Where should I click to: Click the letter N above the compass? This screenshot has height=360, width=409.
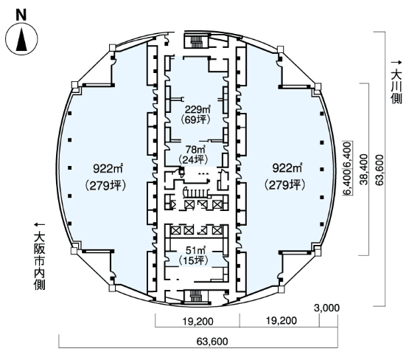(21, 15)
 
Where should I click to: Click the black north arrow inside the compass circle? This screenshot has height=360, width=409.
(21, 40)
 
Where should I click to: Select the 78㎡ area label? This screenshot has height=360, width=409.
(195, 149)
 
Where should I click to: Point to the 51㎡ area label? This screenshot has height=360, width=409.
(195, 250)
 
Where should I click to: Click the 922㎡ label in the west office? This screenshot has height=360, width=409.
(108, 168)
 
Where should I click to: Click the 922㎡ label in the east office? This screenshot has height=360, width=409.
(287, 168)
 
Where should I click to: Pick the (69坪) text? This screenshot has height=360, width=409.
(195, 120)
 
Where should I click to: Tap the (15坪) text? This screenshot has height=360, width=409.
(193, 260)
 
